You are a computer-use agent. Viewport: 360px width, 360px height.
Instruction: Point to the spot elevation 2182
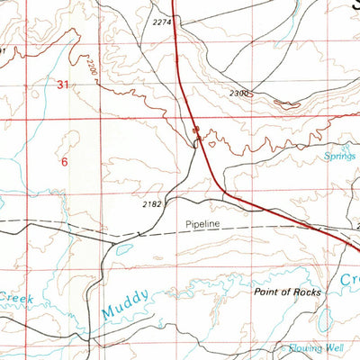152,204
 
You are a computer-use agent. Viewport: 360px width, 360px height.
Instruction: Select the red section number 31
62,85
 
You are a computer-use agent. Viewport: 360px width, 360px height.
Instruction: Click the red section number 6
64,163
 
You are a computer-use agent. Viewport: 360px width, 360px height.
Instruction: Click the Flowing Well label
315,347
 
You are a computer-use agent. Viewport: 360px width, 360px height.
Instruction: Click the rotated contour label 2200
91,65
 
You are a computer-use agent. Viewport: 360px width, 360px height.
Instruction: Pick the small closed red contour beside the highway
212,140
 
